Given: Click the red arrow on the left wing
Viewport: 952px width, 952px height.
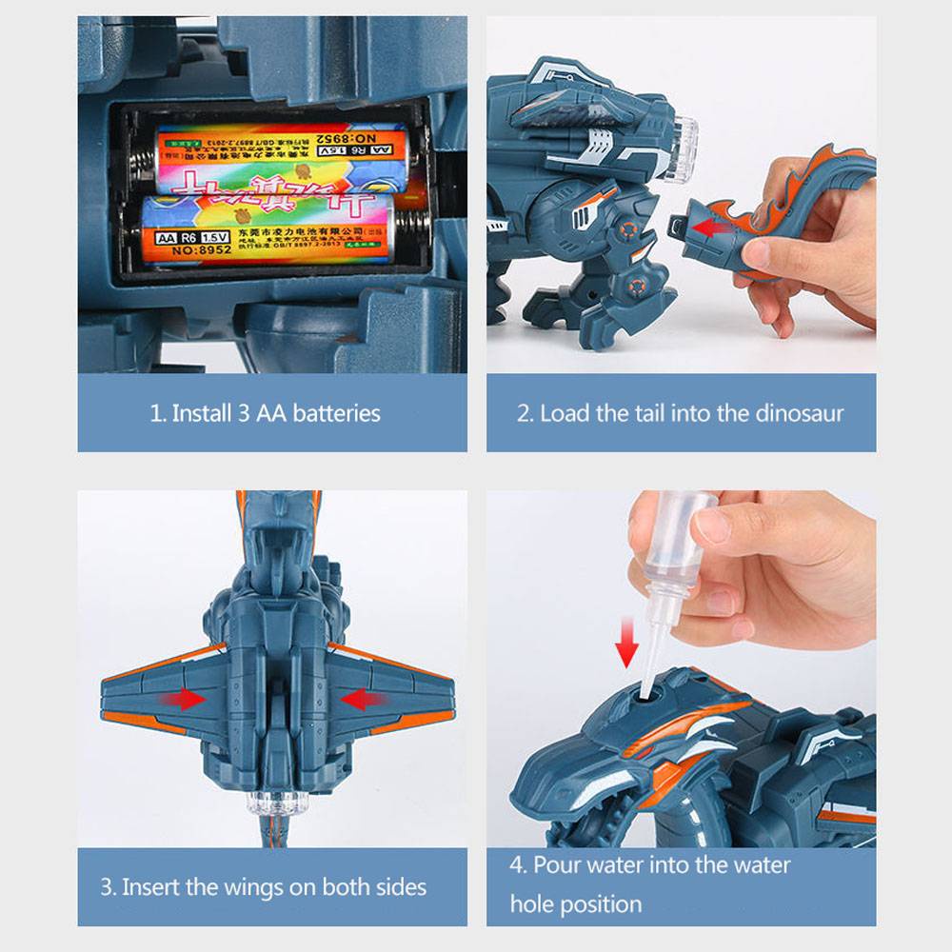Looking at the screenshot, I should (x=187, y=699).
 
